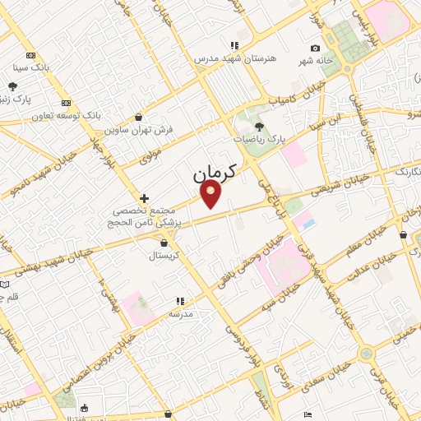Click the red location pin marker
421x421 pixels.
(x=212, y=194)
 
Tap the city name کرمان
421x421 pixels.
(x=215, y=173)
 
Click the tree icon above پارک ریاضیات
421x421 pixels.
(x=260, y=127)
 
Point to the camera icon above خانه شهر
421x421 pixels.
(x=315, y=49)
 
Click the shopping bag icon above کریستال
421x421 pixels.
(x=164, y=243)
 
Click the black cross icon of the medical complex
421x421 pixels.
(x=145, y=198)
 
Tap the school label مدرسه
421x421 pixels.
(x=180, y=314)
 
